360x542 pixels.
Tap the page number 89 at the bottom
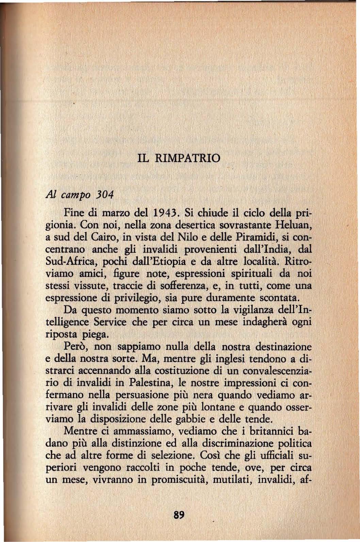[x=179, y=515]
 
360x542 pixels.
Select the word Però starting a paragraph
[x=76, y=346]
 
